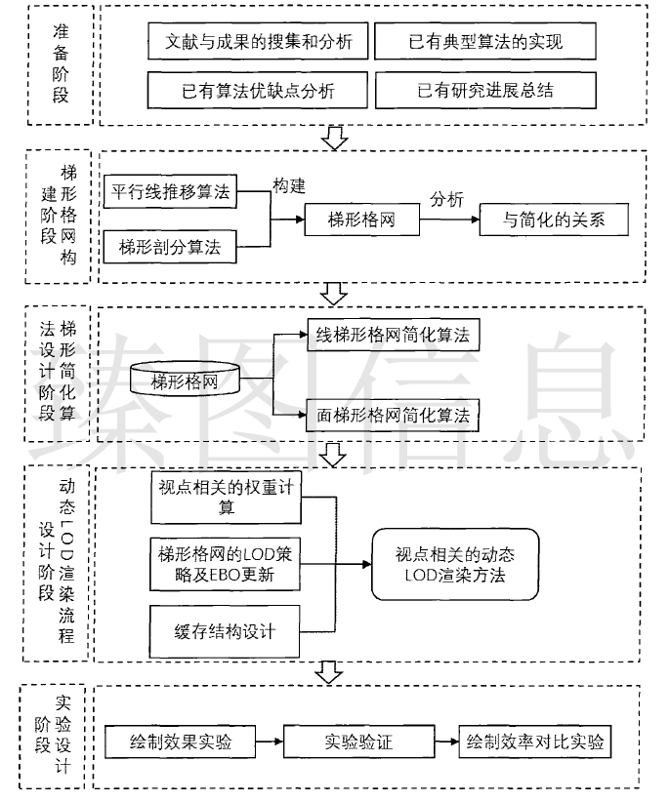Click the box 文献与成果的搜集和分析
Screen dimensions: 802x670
[258, 42]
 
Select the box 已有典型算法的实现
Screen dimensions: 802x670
[482, 42]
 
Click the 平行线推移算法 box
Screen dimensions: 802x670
[172, 192]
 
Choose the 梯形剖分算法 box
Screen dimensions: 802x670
[172, 247]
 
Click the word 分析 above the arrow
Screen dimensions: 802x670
[447, 199]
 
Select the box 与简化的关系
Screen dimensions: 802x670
[554, 220]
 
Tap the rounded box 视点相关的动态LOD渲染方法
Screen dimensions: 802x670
[455, 565]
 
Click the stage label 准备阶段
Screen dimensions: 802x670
[62, 64]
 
